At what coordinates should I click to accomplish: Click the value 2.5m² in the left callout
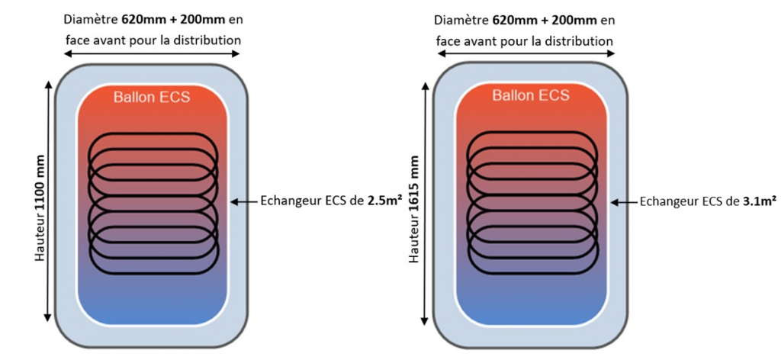point(385,201)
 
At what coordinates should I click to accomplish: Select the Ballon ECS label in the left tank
point(152,97)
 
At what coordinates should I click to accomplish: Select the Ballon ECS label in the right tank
point(531,95)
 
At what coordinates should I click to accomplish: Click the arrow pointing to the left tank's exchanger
point(243,201)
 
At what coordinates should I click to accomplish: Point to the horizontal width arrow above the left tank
point(153,53)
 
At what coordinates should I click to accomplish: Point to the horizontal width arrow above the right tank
point(525,53)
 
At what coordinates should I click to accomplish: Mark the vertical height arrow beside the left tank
point(48,201)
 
